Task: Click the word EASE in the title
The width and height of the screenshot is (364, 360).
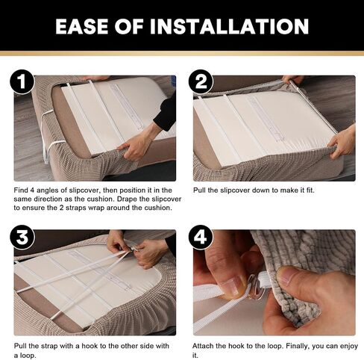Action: pos(82,26)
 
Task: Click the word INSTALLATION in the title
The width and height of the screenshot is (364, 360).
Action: pos(229,26)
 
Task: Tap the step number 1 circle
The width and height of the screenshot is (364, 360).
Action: pos(22,81)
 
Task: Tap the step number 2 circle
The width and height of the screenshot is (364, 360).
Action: pos(201,81)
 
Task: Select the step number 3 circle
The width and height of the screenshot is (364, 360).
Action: pos(22,238)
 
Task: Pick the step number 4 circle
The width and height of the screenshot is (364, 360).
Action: pos(201,238)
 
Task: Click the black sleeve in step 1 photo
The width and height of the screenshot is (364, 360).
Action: pos(166,110)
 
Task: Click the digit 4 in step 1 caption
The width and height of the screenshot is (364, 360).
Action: pos(32,190)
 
